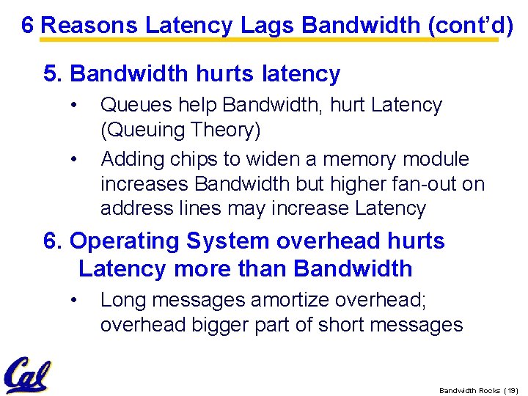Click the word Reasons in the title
(x=90, y=26)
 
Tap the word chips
(x=199, y=160)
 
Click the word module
(x=436, y=160)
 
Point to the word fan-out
(x=414, y=184)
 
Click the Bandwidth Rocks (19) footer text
(x=477, y=390)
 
